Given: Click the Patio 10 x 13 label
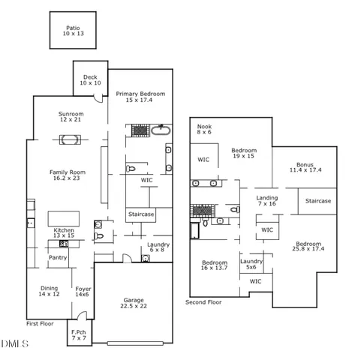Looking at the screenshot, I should [x=74, y=31].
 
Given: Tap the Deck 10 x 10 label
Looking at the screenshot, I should [x=91, y=79].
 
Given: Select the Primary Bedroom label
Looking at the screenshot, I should [x=140, y=97].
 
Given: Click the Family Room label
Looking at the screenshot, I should [x=68, y=175].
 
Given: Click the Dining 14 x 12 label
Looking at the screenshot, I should [x=50, y=291].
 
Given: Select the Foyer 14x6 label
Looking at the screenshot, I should [x=83, y=291].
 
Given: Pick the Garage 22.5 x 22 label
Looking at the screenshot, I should [x=134, y=303].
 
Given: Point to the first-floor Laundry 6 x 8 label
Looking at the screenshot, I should [x=158, y=247].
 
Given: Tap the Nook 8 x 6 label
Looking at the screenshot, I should [x=204, y=129].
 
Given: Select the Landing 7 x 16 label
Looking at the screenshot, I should [x=266, y=200].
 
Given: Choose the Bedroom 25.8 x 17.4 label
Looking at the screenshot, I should [x=308, y=247].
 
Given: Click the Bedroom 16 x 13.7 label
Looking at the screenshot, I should [x=214, y=265].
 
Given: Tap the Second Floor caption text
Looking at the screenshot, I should [x=203, y=302].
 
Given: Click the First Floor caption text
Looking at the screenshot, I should [x=42, y=323].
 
